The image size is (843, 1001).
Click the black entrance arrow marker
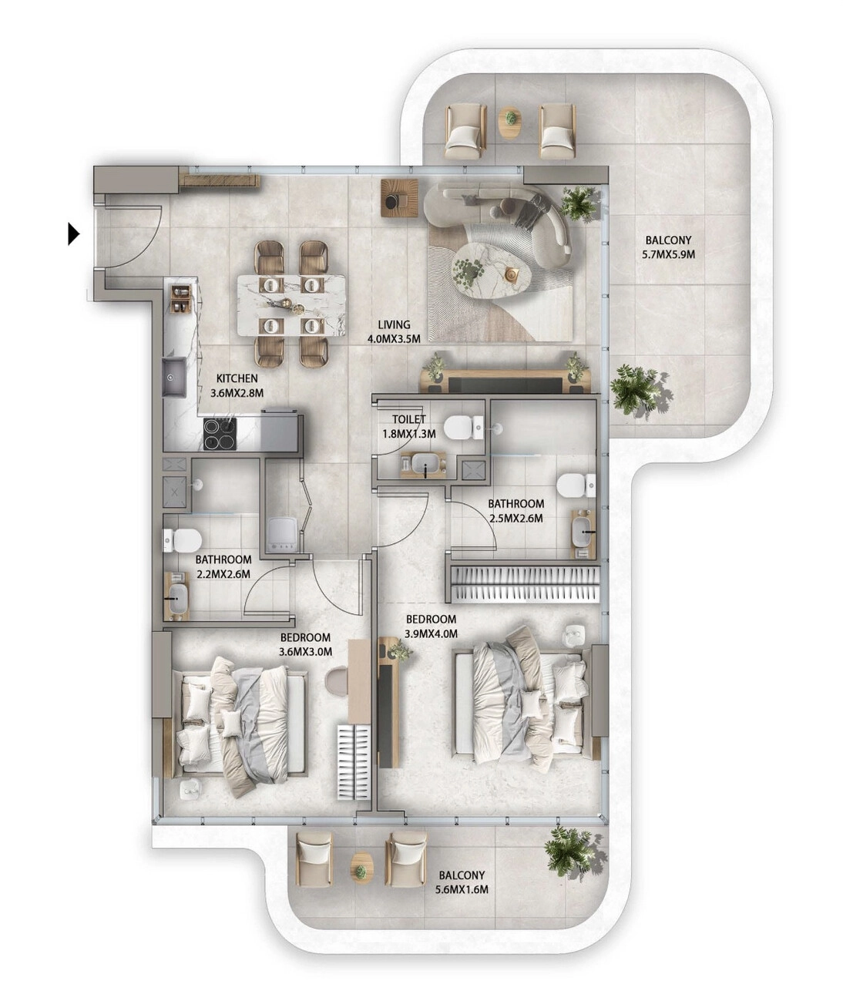(74, 234)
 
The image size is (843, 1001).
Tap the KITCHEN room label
(237, 378)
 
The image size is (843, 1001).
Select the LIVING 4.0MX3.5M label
(394, 332)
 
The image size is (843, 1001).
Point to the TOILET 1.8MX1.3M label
(408, 427)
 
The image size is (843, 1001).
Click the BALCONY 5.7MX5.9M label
(668, 247)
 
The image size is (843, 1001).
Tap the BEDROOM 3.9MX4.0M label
(431, 626)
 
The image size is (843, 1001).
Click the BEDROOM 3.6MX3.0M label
(305, 644)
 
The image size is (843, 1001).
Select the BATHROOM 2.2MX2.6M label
(223, 566)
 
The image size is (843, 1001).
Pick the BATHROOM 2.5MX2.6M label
(516, 511)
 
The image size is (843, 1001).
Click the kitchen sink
(174, 377)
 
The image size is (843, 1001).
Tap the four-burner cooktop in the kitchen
(220, 434)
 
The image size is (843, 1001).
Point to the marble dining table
(291, 304)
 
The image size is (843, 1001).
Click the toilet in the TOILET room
(464, 427)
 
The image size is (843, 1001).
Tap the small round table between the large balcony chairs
(509, 123)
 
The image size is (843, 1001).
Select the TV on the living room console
(505, 384)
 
